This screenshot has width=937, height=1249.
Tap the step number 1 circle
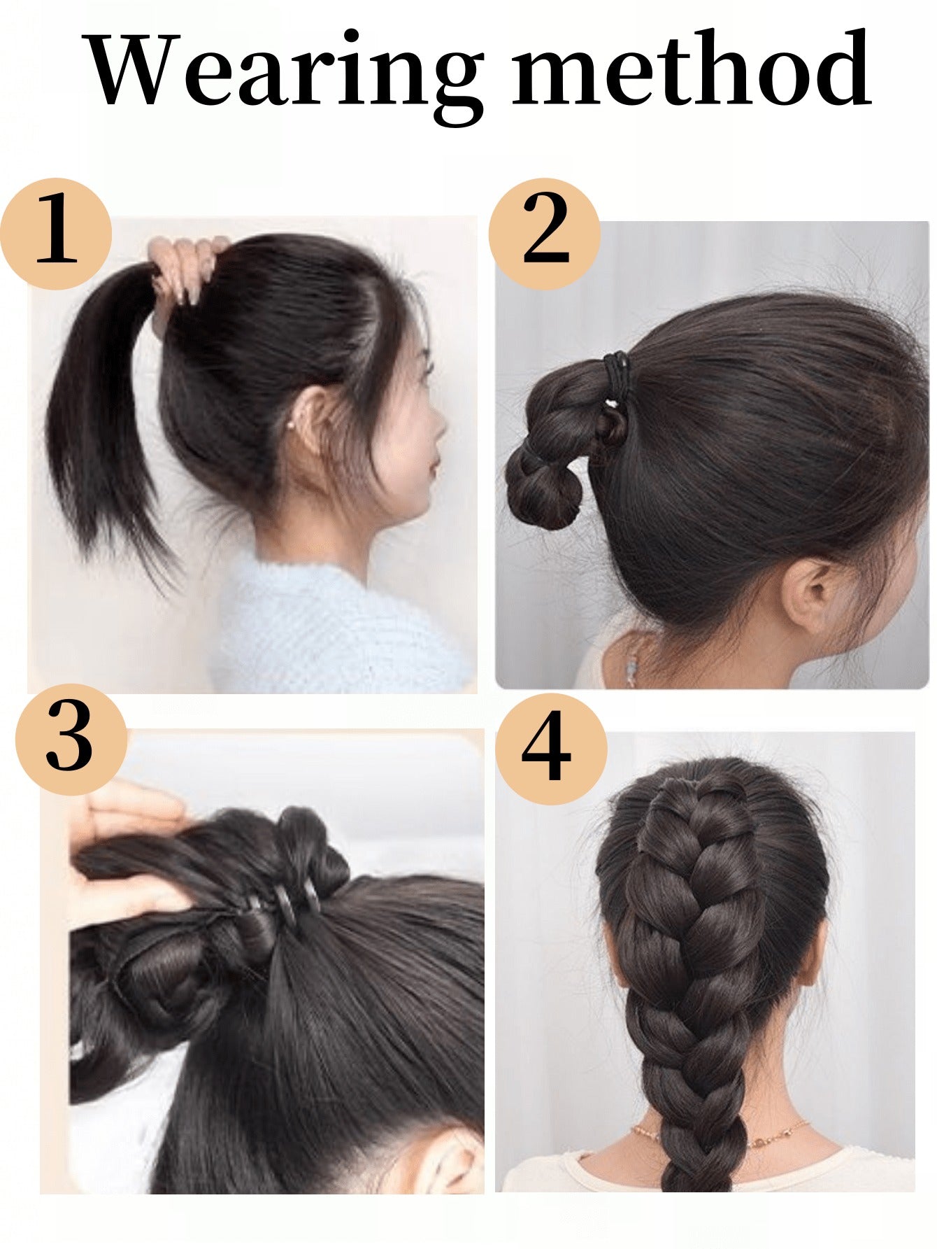tap(56, 233)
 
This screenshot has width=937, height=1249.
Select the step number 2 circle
tap(545, 233)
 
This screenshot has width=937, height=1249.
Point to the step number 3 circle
tap(71, 739)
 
